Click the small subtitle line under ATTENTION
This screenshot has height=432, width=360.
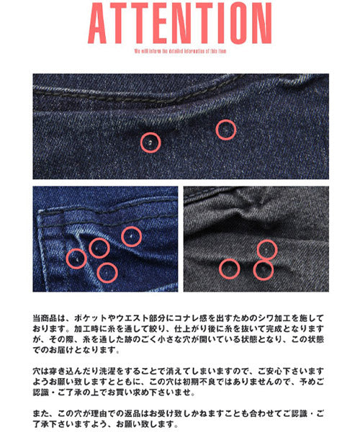[180, 52]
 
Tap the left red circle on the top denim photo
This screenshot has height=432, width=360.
[150, 143]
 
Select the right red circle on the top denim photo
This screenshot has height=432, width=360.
[226, 130]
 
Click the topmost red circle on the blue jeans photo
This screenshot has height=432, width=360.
[131, 235]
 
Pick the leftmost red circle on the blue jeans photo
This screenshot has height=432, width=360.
[76, 258]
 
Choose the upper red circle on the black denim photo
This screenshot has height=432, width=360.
[267, 249]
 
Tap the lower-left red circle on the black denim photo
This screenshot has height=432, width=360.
[229, 269]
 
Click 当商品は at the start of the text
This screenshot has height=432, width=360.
[49, 318]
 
